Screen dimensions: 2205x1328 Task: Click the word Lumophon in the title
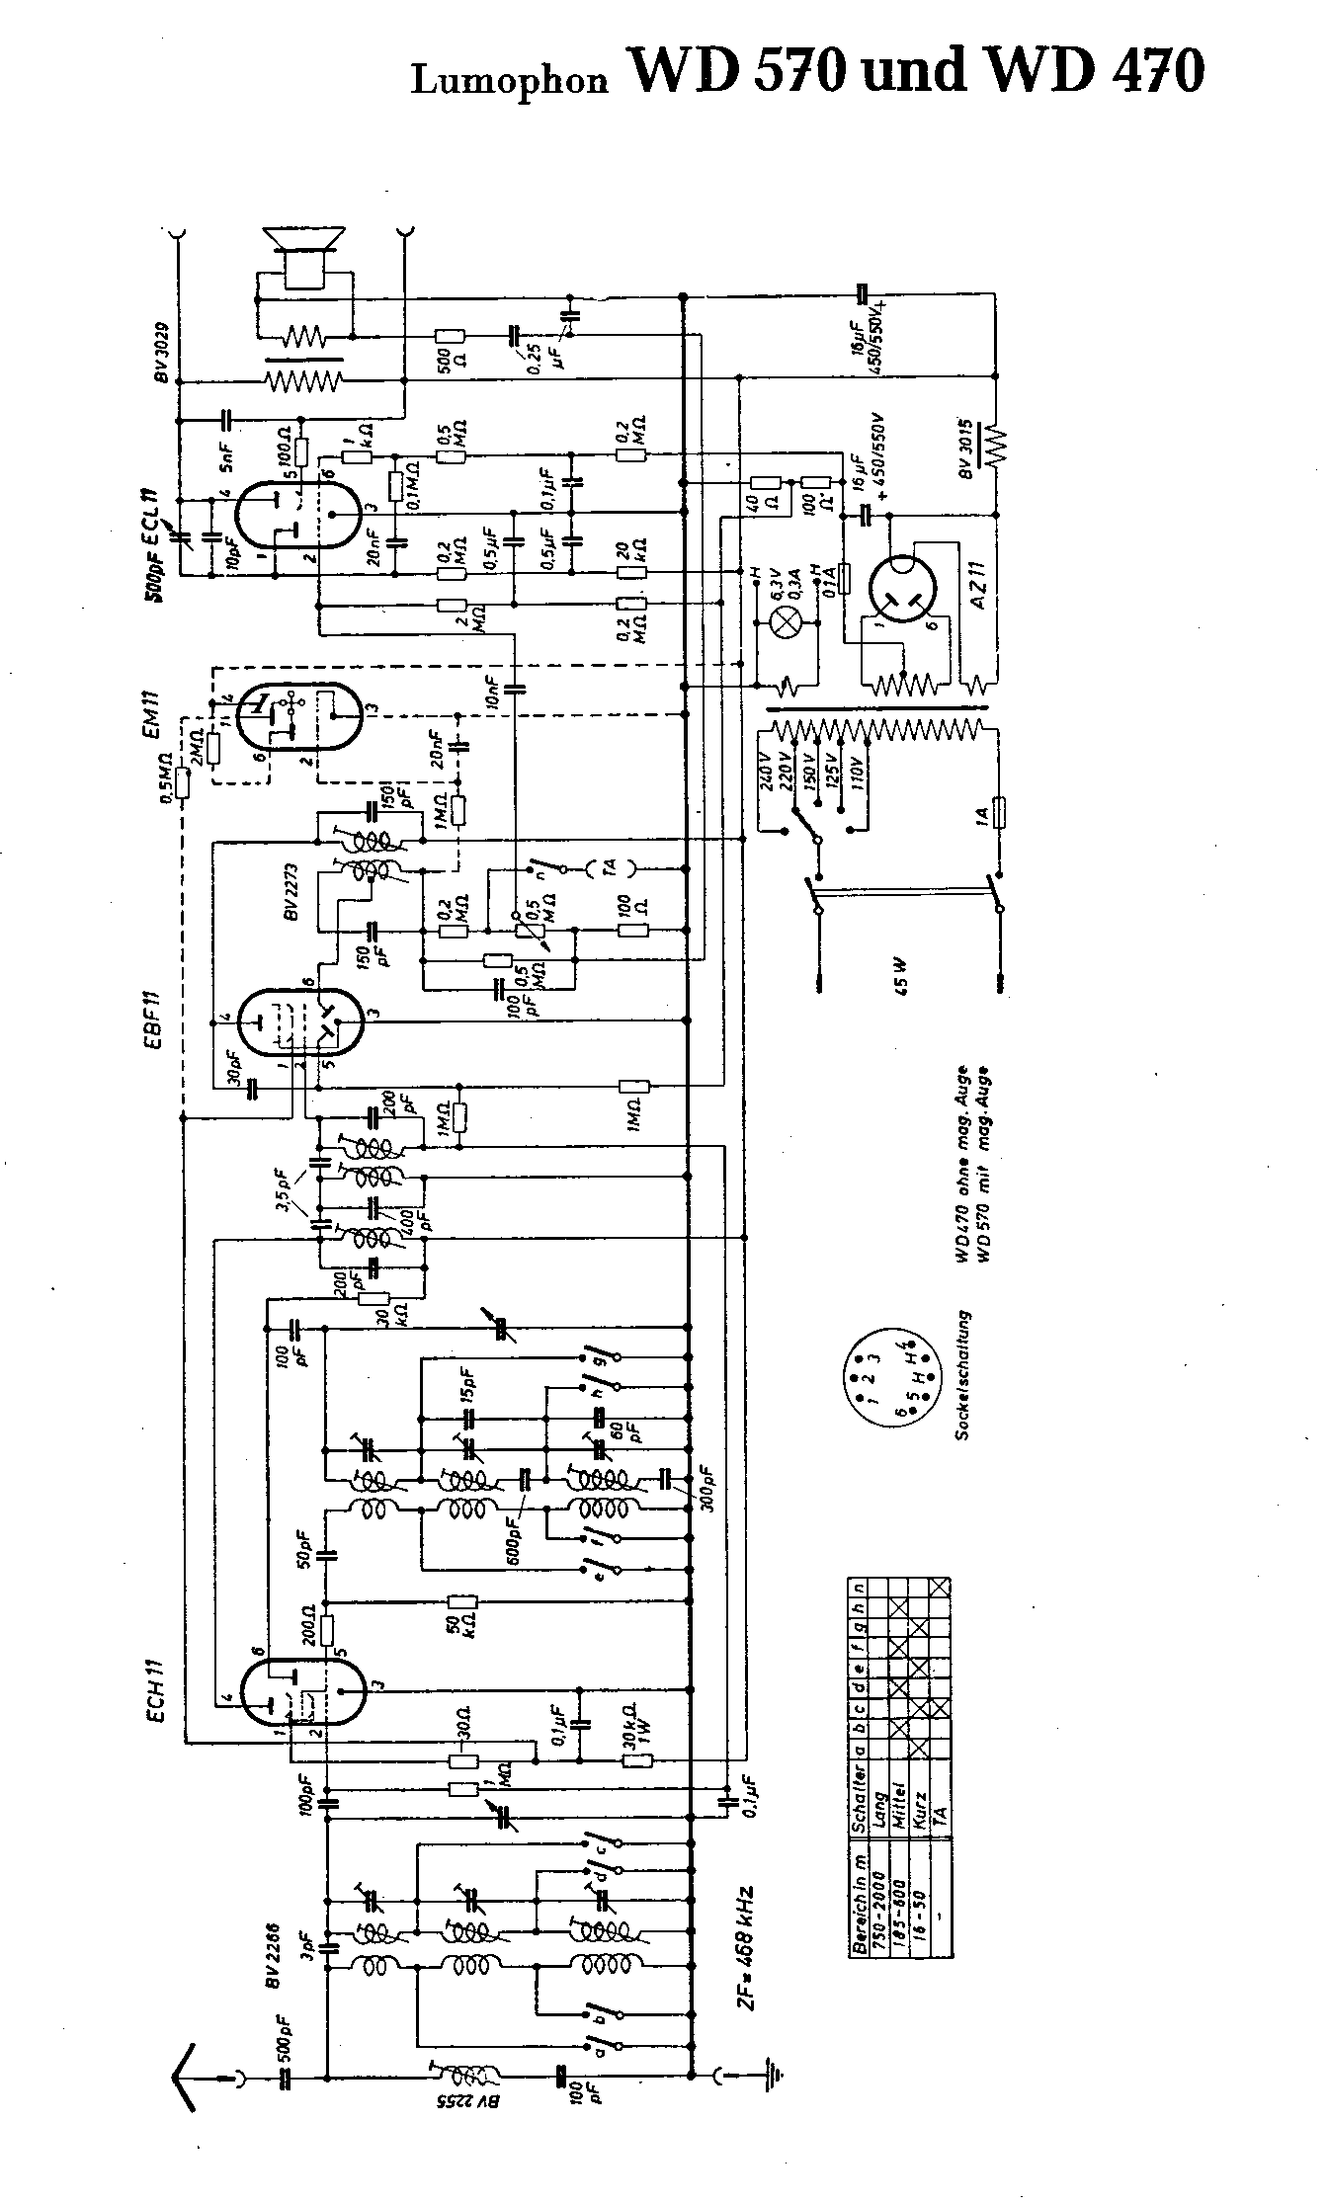click(x=509, y=80)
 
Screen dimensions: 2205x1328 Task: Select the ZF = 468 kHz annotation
click(x=747, y=1952)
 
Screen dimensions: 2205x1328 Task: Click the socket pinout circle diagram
click(x=882, y=1376)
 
